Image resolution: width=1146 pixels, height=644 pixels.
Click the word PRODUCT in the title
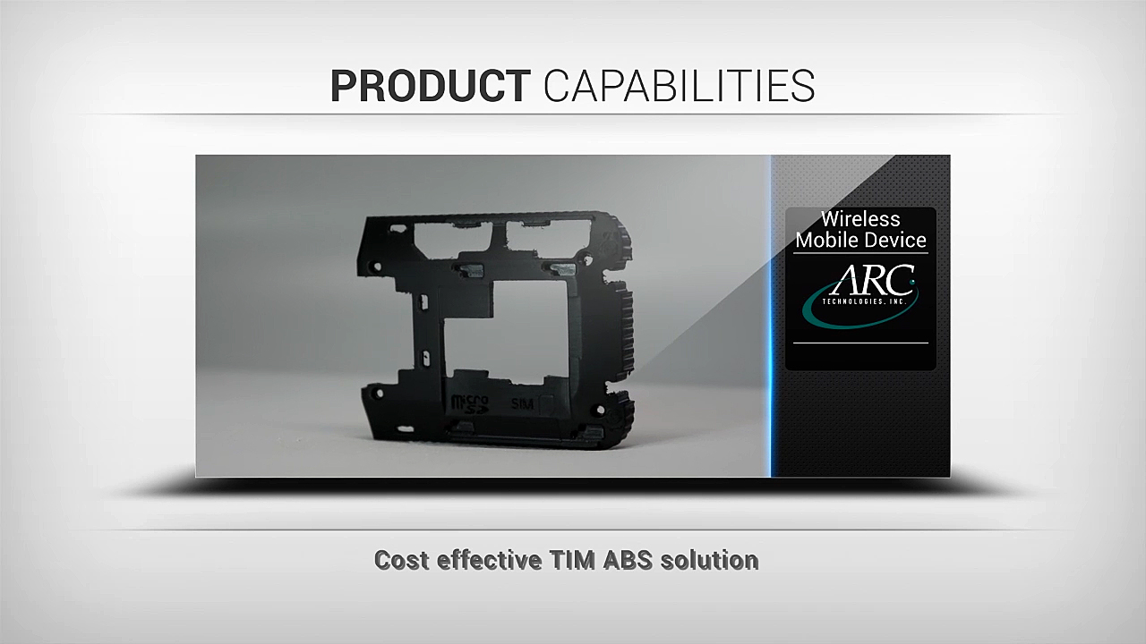click(431, 86)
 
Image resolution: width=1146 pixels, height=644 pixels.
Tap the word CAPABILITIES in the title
click(679, 86)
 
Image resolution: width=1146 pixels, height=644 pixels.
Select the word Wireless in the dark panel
click(860, 219)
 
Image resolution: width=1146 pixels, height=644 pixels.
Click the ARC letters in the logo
click(872, 280)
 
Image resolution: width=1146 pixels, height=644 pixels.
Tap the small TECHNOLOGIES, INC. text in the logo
click(864, 301)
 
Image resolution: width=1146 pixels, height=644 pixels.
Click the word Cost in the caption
click(402, 560)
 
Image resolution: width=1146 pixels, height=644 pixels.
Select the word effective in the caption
click(490, 560)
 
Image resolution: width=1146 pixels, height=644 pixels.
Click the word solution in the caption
click(710, 560)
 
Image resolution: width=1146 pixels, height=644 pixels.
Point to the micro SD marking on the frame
click(469, 403)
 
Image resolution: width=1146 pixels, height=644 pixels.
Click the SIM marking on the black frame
click(522, 403)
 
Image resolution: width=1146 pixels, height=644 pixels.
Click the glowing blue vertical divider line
click(771, 316)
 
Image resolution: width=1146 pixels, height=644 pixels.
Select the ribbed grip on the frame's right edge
click(626, 327)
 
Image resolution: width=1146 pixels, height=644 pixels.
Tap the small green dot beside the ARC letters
click(911, 282)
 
